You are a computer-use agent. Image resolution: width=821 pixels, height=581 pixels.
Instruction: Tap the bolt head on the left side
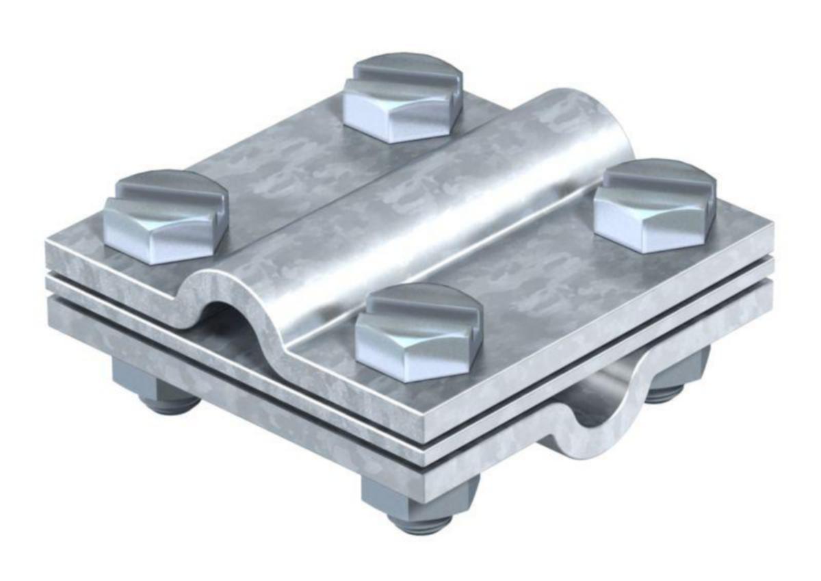pos(166,218)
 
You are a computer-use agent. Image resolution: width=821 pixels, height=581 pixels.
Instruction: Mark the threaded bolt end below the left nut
pos(168,404)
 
